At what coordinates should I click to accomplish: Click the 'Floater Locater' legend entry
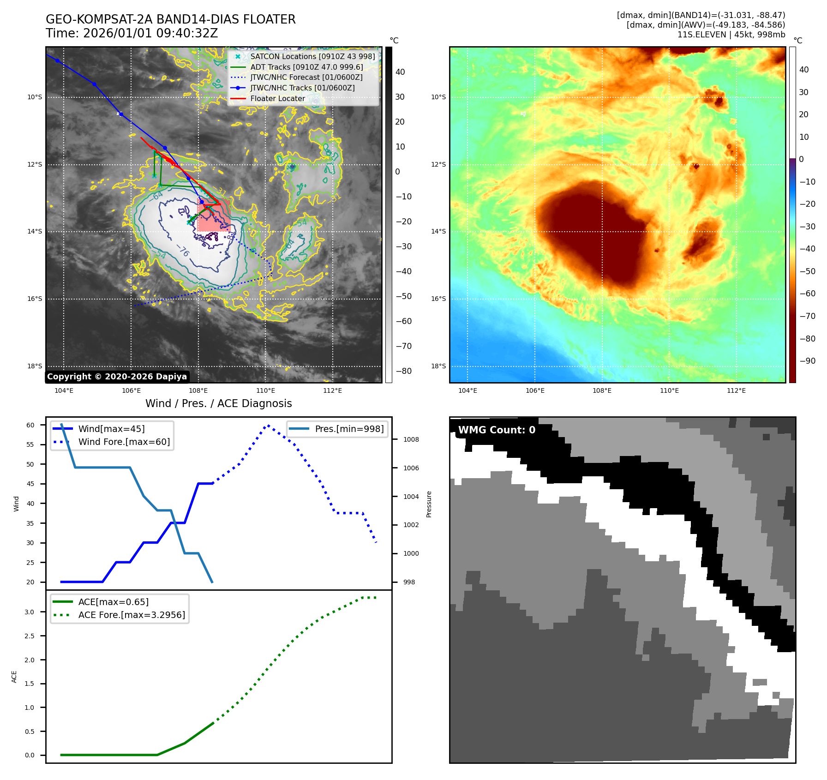click(277, 98)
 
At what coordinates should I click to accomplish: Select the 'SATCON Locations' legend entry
click(312, 56)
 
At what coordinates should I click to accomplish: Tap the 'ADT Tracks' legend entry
click(306, 67)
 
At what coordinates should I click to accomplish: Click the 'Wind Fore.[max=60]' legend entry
click(124, 442)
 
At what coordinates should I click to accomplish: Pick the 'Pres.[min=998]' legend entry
click(349, 429)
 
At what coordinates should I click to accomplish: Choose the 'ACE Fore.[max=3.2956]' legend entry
click(132, 615)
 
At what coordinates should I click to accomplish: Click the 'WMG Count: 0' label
click(497, 430)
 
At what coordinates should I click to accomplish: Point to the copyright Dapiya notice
click(117, 377)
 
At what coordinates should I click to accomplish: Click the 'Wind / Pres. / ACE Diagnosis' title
click(218, 403)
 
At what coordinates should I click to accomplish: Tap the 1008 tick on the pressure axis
click(411, 439)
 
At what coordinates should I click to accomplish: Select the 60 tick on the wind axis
click(30, 425)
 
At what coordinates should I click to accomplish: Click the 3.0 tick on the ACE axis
click(30, 612)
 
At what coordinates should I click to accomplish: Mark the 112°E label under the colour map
click(736, 390)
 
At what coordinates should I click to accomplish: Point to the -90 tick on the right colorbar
click(807, 361)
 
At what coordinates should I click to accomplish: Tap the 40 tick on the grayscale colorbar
click(400, 72)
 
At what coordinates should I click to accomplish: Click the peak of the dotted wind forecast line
click(268, 425)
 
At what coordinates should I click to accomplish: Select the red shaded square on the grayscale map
click(213, 215)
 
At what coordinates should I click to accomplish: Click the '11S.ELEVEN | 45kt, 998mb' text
click(731, 35)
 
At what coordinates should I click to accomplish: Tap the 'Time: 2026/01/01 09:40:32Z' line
click(132, 33)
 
